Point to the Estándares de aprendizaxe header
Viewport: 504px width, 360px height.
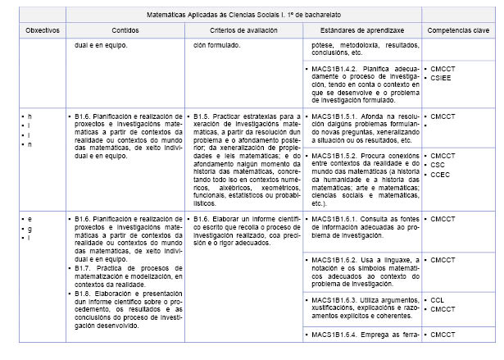[361, 30]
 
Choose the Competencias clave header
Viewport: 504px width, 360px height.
[457, 30]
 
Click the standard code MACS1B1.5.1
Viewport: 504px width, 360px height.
[332, 117]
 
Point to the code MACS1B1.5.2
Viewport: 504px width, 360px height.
[332, 155]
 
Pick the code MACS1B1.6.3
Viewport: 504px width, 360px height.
[332, 301]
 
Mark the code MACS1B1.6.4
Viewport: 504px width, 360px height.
[332, 335]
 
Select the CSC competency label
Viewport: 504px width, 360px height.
[439, 163]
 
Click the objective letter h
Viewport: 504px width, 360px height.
[30, 117]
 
